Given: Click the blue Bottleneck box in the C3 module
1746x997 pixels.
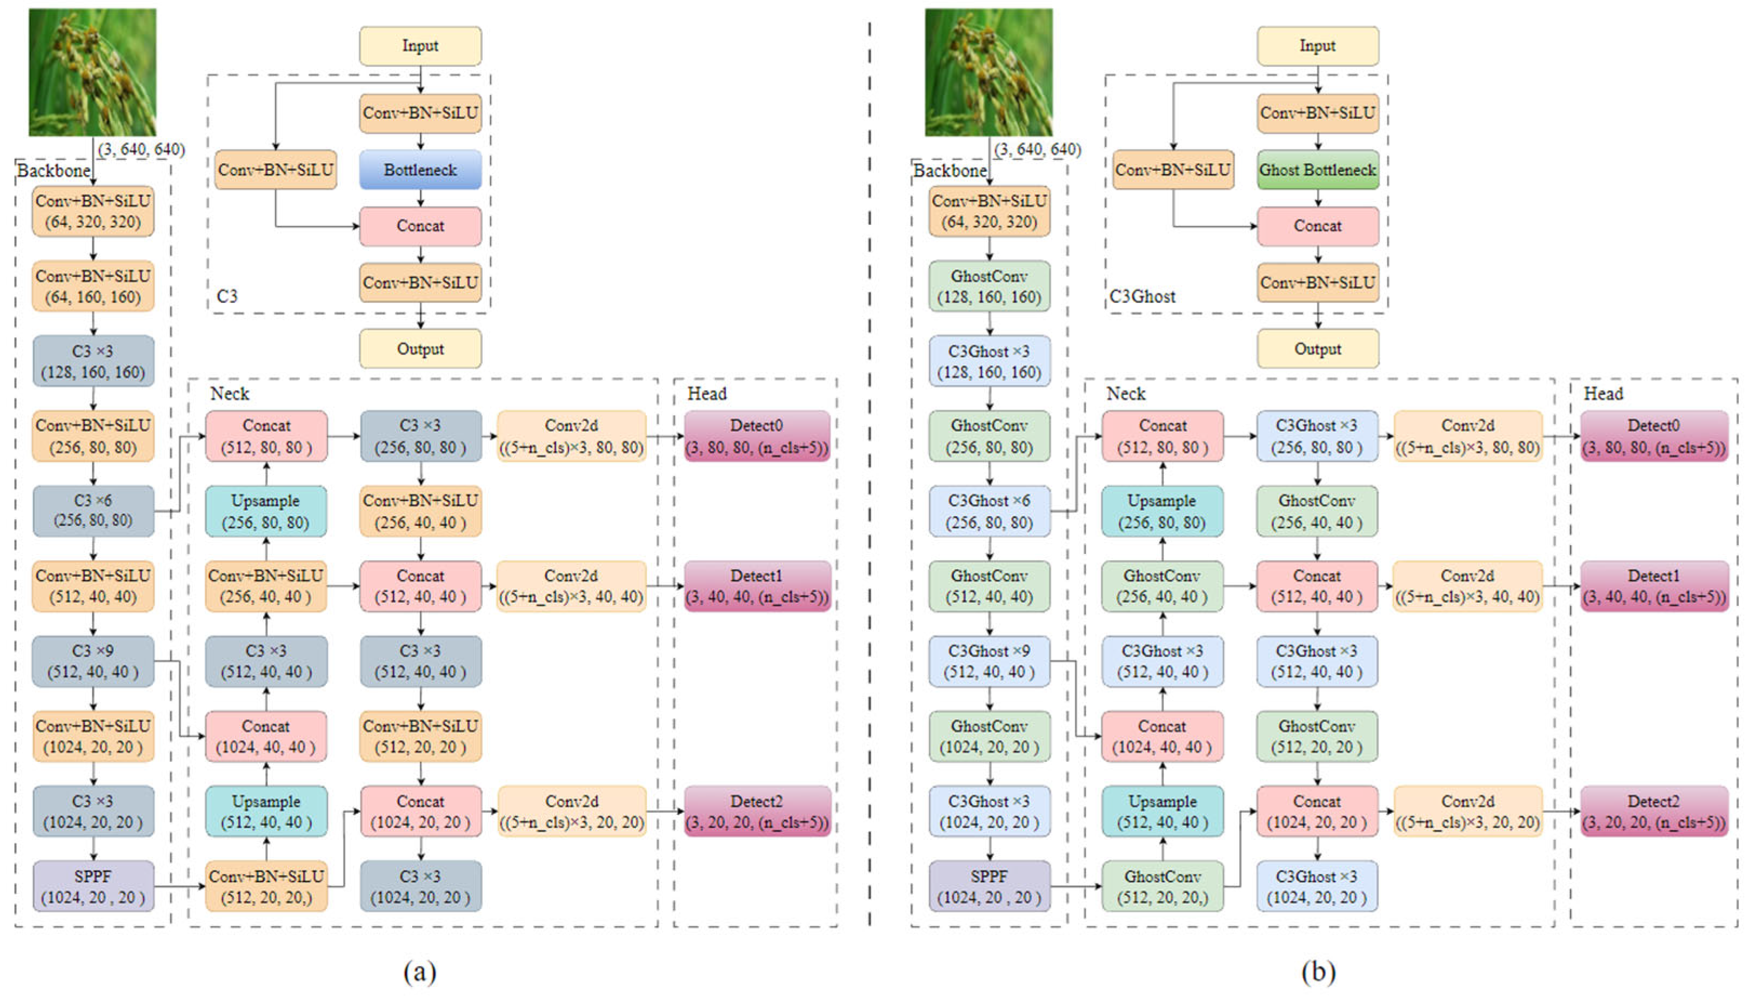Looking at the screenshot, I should tap(420, 170).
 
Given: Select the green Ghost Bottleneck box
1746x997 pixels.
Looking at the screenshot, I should tap(1317, 170).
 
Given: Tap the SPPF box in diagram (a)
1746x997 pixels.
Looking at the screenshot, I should tap(93, 886).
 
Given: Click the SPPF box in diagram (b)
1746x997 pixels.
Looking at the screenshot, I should tap(989, 886).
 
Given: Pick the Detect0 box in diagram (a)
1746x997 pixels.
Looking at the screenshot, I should tap(757, 436).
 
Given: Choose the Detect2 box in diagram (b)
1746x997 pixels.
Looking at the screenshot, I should tap(1654, 812).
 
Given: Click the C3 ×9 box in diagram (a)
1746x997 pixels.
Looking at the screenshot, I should tap(93, 661).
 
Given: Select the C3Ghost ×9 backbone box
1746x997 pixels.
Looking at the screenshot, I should tap(989, 661).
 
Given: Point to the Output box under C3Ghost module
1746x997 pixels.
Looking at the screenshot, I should tap(1317, 349).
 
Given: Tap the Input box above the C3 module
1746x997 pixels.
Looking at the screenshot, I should tap(420, 46).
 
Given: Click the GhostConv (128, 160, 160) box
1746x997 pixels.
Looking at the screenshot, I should tap(989, 286).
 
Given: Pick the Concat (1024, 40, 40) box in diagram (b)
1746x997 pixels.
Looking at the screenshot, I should tap(1162, 736).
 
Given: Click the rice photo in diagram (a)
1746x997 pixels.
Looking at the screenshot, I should tap(92, 72).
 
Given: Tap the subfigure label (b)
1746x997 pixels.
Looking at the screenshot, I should tap(1318, 971).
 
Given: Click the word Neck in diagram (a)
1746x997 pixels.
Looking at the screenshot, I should tap(229, 394).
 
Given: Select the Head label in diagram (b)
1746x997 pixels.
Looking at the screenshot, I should tap(1603, 394).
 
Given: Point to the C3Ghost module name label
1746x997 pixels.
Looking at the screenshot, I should tap(1142, 297).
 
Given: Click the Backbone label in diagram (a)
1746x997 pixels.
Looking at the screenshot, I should tap(53, 171).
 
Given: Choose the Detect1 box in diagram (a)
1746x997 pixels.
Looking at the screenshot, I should tap(757, 586).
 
